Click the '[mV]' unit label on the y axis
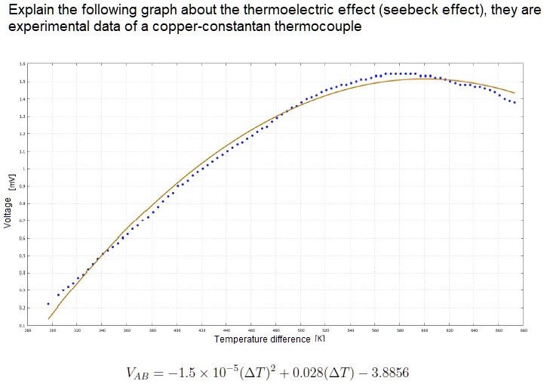11,181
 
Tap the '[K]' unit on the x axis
319,339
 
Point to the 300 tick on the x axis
52,330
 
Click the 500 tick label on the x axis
300,330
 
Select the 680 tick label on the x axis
523,330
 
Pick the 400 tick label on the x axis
177,330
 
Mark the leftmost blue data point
48,304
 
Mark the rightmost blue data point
515,102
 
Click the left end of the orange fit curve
49,318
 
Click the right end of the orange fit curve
515,93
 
